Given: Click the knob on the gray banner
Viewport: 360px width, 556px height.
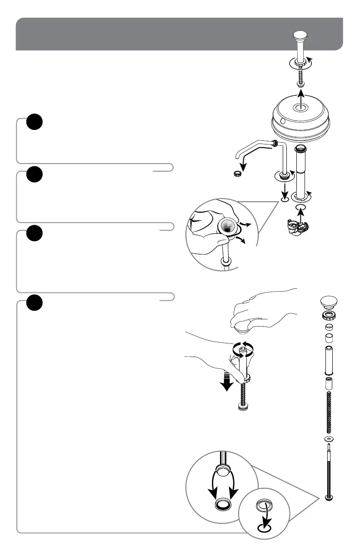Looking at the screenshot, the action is pyautogui.click(x=300, y=35).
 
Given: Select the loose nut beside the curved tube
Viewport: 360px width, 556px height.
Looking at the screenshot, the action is pyautogui.click(x=236, y=174).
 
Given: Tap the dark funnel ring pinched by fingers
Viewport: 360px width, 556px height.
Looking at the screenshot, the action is pyautogui.click(x=226, y=226).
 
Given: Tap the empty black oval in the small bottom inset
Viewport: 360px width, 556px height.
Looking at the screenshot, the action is pyautogui.click(x=264, y=528).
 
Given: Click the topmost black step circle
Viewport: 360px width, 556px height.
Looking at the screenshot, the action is pyautogui.click(x=34, y=122).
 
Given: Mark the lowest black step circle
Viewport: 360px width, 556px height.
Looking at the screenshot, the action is pyautogui.click(x=34, y=303).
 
